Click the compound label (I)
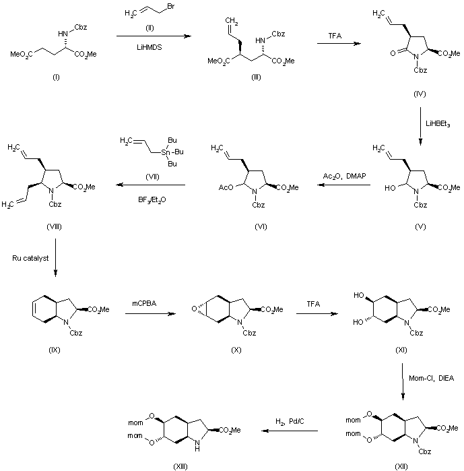coord(56,77)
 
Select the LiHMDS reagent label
coord(149,47)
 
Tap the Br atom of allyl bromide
coord(171,6)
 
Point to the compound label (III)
coord(256,77)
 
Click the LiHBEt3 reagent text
coord(438,124)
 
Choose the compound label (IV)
coord(420,94)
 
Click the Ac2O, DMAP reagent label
coord(345,176)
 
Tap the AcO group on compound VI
coord(226,187)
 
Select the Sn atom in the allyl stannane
coord(166,152)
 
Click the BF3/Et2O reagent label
coord(152,199)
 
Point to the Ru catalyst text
coord(30,258)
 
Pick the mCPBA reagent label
coord(144,303)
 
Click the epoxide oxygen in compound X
coord(194,309)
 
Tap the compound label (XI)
coord(401,350)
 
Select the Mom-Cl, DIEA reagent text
coord(431,378)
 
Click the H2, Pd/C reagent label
coord(290,422)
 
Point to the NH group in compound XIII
coord(197,445)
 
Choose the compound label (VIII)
coord(55,227)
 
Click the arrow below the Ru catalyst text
coord(55,257)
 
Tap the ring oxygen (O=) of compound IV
coord(393,53)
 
